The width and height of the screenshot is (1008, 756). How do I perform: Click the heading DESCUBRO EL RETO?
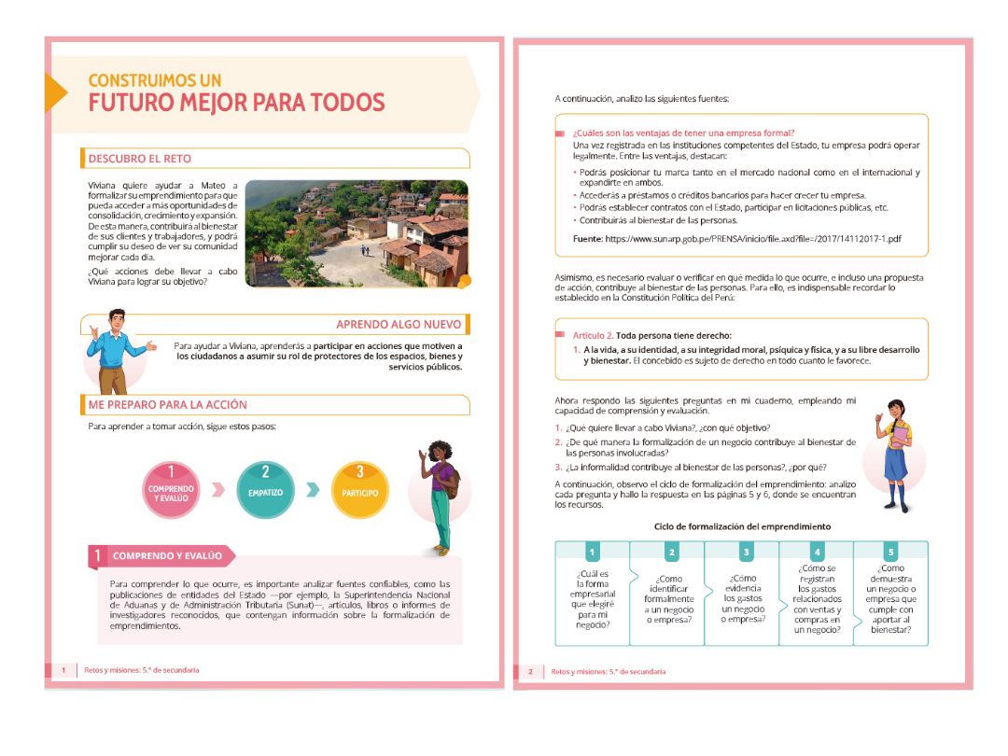pyautogui.click(x=139, y=158)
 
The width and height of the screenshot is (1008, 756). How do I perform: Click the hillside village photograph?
pyautogui.click(x=357, y=233)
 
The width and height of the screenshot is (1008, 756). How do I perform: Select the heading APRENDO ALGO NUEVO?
pyautogui.click(x=399, y=324)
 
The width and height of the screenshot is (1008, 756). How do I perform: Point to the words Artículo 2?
pyautogui.click(x=593, y=335)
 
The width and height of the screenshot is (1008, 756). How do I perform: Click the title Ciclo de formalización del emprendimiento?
pyautogui.click(x=742, y=526)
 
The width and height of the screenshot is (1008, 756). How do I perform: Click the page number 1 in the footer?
pyautogui.click(x=63, y=670)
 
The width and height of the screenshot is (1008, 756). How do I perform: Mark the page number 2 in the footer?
pyautogui.click(x=530, y=671)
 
